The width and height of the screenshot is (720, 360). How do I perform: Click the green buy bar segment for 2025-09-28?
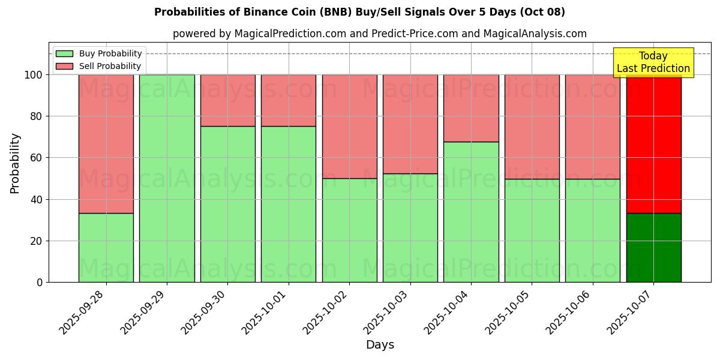[106, 247]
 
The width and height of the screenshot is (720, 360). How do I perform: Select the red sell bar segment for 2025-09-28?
[106, 144]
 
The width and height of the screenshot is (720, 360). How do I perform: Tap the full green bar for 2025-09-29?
[167, 178]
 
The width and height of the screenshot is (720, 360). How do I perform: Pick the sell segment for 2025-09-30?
[227, 100]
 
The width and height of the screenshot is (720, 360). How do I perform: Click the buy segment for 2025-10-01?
[289, 204]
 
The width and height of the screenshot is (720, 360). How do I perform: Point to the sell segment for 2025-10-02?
[349, 126]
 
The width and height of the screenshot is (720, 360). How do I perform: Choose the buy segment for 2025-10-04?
[471, 212]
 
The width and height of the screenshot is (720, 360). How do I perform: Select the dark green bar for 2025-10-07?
[653, 247]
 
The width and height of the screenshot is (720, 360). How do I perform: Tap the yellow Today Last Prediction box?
[653, 62]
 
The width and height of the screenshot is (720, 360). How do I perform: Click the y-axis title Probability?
[15, 163]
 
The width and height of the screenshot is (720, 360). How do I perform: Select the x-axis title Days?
[380, 345]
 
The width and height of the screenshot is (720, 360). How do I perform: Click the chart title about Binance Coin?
[359, 12]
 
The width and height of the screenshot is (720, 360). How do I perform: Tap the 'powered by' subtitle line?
[379, 34]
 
